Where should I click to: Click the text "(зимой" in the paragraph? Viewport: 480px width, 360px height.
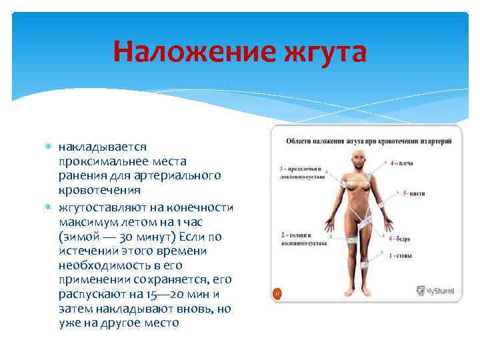point(79,237)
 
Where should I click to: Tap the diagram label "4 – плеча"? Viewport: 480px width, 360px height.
point(401,163)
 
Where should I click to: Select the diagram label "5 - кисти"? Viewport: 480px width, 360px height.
point(413,193)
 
